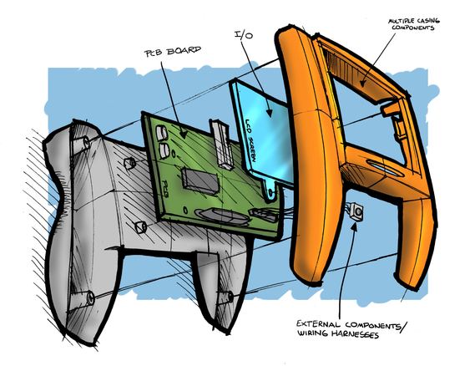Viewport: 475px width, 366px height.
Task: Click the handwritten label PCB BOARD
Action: point(173,51)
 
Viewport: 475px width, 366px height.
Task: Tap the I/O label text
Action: point(244,35)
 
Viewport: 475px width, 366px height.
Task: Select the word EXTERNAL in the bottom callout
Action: point(318,324)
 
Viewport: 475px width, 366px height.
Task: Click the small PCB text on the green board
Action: point(165,189)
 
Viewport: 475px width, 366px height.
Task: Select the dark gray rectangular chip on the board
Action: point(200,180)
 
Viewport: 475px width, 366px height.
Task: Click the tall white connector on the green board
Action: point(222,144)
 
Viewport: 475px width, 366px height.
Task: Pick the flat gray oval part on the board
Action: point(223,216)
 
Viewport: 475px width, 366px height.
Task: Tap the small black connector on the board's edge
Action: point(263,214)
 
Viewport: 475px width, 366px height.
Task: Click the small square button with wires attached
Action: point(356,211)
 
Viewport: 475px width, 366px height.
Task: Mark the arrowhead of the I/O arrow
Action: point(269,112)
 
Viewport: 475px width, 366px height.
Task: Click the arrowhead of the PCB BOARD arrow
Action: point(184,134)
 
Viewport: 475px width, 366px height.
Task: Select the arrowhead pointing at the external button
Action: point(354,226)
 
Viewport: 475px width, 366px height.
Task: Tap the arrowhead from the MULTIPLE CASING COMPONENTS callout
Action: point(362,82)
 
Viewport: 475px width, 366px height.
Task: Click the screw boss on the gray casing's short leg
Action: point(230,297)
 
